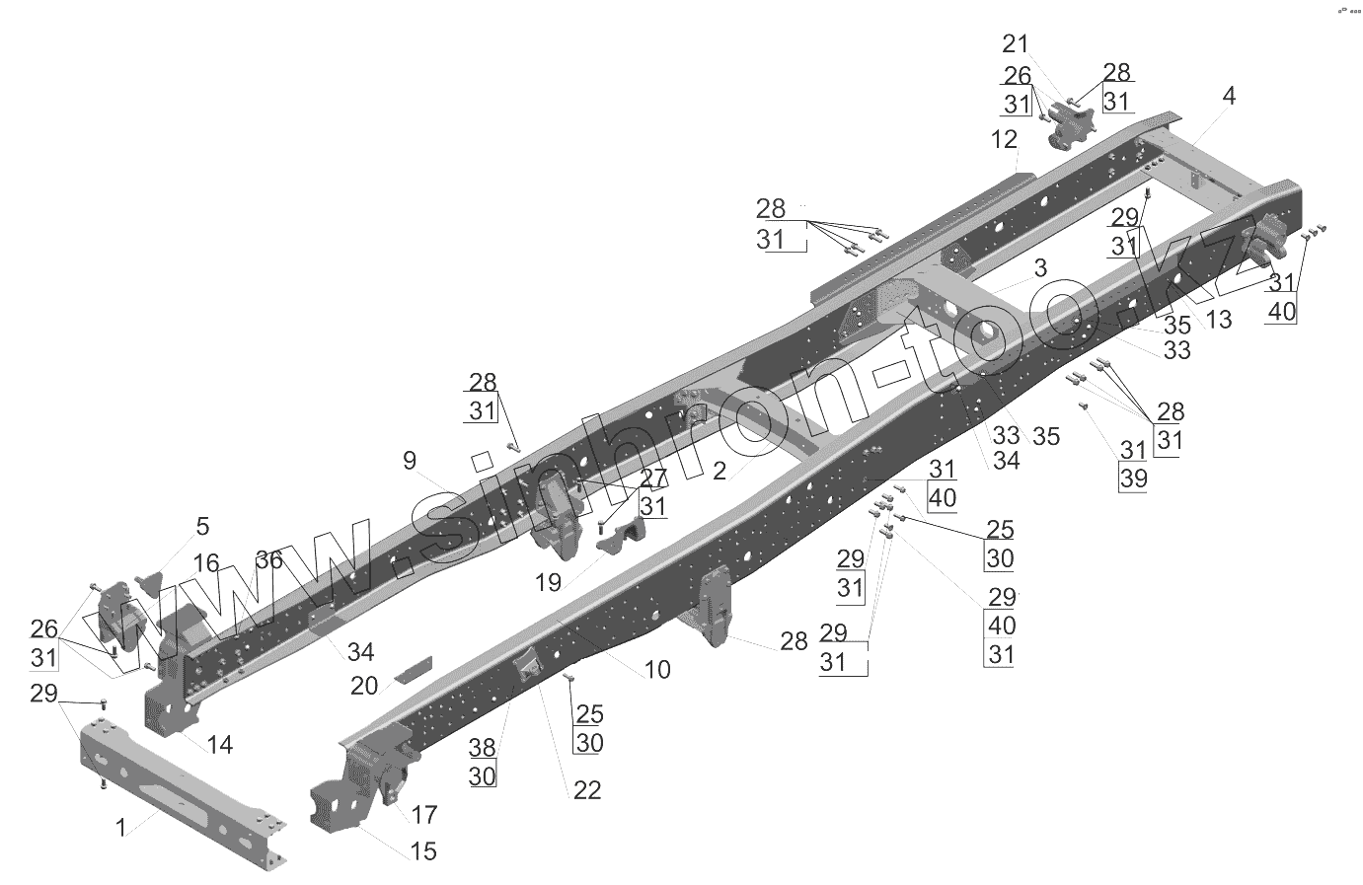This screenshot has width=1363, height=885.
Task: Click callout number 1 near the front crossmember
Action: [120, 828]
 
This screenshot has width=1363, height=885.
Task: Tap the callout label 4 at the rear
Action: [1229, 96]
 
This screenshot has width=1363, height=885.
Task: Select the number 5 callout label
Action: [202, 526]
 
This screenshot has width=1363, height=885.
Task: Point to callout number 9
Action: [410, 461]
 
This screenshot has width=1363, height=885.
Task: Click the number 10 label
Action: [657, 670]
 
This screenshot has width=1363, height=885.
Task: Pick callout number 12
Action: [1004, 139]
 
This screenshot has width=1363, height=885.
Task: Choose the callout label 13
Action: [1219, 320]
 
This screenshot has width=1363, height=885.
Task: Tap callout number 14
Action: [220, 745]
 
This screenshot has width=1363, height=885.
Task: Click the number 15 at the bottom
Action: [423, 850]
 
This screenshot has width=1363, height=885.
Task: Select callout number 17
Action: [424, 814]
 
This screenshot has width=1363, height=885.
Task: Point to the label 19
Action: [548, 583]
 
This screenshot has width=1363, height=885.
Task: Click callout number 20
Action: [364, 686]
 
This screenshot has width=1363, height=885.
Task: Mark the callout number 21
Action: [1015, 43]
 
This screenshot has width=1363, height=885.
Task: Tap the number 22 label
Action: [587, 790]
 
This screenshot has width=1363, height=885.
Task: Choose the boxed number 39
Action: [1134, 479]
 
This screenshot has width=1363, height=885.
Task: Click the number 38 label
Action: [482, 748]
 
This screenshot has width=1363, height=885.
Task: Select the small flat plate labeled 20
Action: [414, 669]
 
